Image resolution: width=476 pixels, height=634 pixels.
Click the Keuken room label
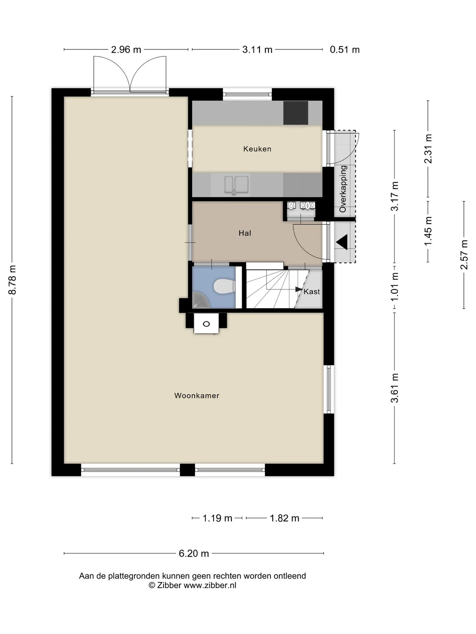click(x=257, y=149)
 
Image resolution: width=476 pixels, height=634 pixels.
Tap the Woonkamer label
click(x=197, y=396)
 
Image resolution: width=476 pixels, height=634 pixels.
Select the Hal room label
click(x=245, y=233)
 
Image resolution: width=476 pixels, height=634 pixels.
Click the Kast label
click(x=312, y=292)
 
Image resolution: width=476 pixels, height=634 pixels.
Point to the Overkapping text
click(x=343, y=189)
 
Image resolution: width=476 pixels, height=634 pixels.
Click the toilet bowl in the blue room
click(x=224, y=286)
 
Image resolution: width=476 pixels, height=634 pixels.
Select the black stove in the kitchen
click(x=296, y=113)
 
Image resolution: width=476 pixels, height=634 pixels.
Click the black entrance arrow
click(x=342, y=242)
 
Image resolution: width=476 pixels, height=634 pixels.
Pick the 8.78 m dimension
click(x=12, y=280)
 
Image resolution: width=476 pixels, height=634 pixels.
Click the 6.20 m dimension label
click(x=194, y=553)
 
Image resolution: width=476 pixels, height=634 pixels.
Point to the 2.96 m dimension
click(x=126, y=50)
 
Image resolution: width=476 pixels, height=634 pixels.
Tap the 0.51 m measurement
click(x=345, y=50)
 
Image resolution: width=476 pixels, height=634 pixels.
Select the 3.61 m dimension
click(x=395, y=388)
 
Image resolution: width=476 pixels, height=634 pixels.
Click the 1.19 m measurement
click(x=217, y=518)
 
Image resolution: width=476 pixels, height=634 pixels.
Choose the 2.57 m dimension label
click(x=464, y=255)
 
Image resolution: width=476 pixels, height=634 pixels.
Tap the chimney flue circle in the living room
click(x=206, y=324)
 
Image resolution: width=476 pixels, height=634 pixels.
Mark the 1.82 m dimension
click(x=285, y=518)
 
